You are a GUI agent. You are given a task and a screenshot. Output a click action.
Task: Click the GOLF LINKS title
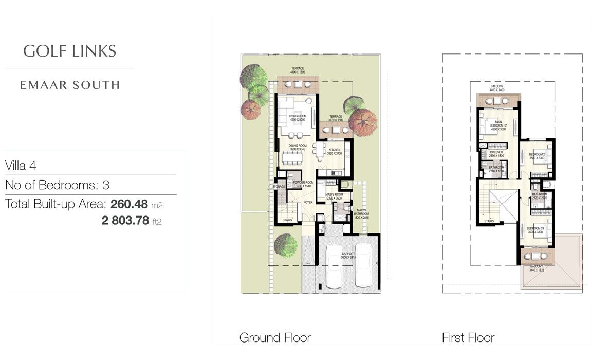70,51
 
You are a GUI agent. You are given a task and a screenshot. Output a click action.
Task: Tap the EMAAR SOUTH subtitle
70,85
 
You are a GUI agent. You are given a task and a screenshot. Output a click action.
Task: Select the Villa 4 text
27,166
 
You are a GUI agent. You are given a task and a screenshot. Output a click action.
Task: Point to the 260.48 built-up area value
129,204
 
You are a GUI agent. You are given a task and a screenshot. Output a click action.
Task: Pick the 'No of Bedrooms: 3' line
57,185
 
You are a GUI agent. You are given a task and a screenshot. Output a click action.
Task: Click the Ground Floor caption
275,338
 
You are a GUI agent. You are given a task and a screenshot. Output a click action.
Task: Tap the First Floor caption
468,338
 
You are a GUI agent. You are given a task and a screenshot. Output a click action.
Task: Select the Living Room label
297,118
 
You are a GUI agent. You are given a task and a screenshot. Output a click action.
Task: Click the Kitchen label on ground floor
334,151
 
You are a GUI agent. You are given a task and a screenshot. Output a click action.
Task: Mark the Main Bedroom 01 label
498,125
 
